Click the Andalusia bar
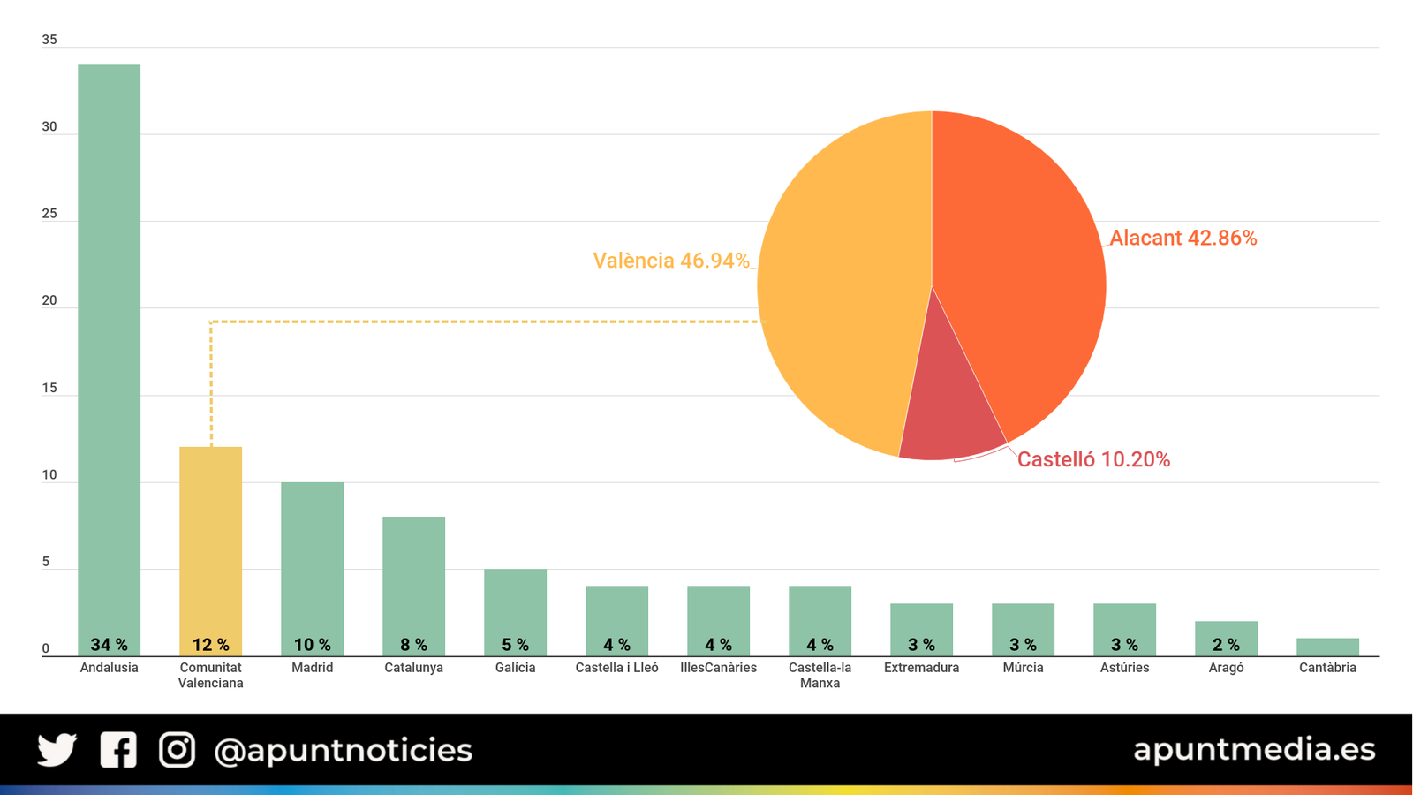109,353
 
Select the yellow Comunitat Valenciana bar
210,548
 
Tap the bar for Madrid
312,565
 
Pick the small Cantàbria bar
1327,647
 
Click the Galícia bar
515,609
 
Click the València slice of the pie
839,291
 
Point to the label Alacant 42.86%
1183,238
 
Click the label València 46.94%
671,261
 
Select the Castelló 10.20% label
1093,459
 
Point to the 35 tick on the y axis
49,40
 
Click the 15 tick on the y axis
49,388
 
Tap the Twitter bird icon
57,750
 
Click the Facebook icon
118,750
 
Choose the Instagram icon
177,750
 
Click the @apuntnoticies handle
344,751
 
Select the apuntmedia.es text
1254,749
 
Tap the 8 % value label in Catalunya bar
413,645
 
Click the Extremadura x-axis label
921,668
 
